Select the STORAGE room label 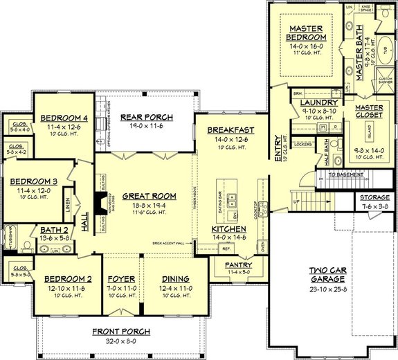click(374, 197)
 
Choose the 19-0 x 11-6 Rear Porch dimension click(146, 125)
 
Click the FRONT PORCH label click(120, 332)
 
